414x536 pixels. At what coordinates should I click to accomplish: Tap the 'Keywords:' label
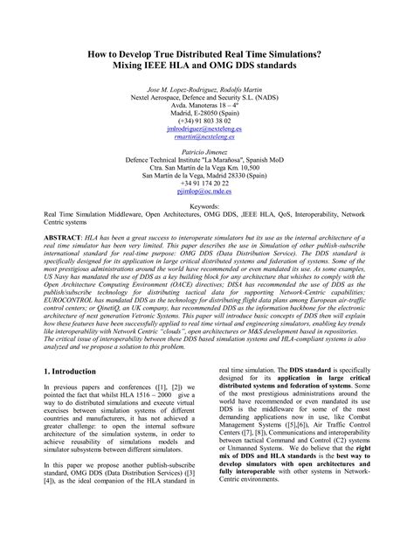(207, 206)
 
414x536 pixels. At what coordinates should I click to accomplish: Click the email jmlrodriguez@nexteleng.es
(207, 127)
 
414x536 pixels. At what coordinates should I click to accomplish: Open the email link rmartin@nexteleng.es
(207, 136)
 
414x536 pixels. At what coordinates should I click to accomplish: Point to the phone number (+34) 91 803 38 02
(207, 119)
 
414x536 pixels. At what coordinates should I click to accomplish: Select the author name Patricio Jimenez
(207, 152)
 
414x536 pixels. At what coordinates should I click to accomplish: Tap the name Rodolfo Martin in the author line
(244, 89)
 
